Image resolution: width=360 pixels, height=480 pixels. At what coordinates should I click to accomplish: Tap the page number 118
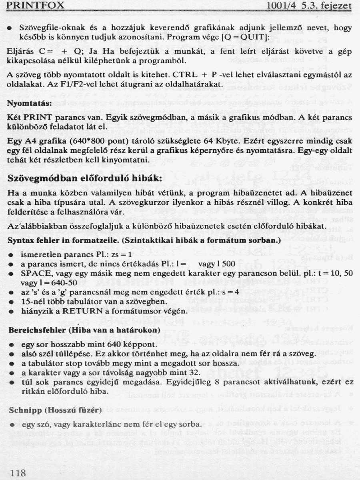[x=18, y=473]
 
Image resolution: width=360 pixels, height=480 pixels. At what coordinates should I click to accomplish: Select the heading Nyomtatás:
[x=30, y=103]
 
